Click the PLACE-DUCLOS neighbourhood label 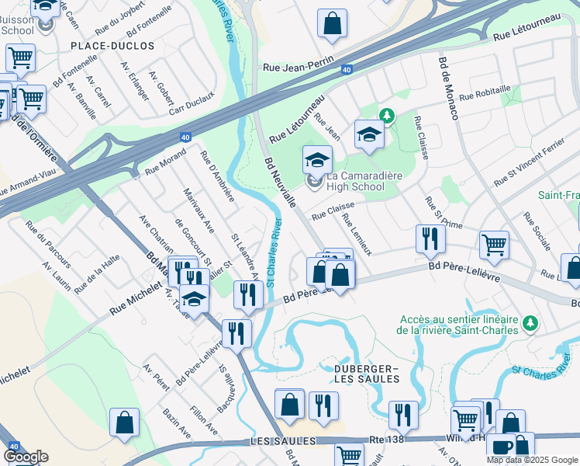coord(112,46)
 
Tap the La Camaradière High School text coord(359,182)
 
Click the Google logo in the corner coord(26,457)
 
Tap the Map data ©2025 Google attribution coord(531,460)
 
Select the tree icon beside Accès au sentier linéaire coord(530,322)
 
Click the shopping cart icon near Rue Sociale coord(494,245)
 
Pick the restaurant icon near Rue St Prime coord(430,238)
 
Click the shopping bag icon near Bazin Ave coord(124,423)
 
